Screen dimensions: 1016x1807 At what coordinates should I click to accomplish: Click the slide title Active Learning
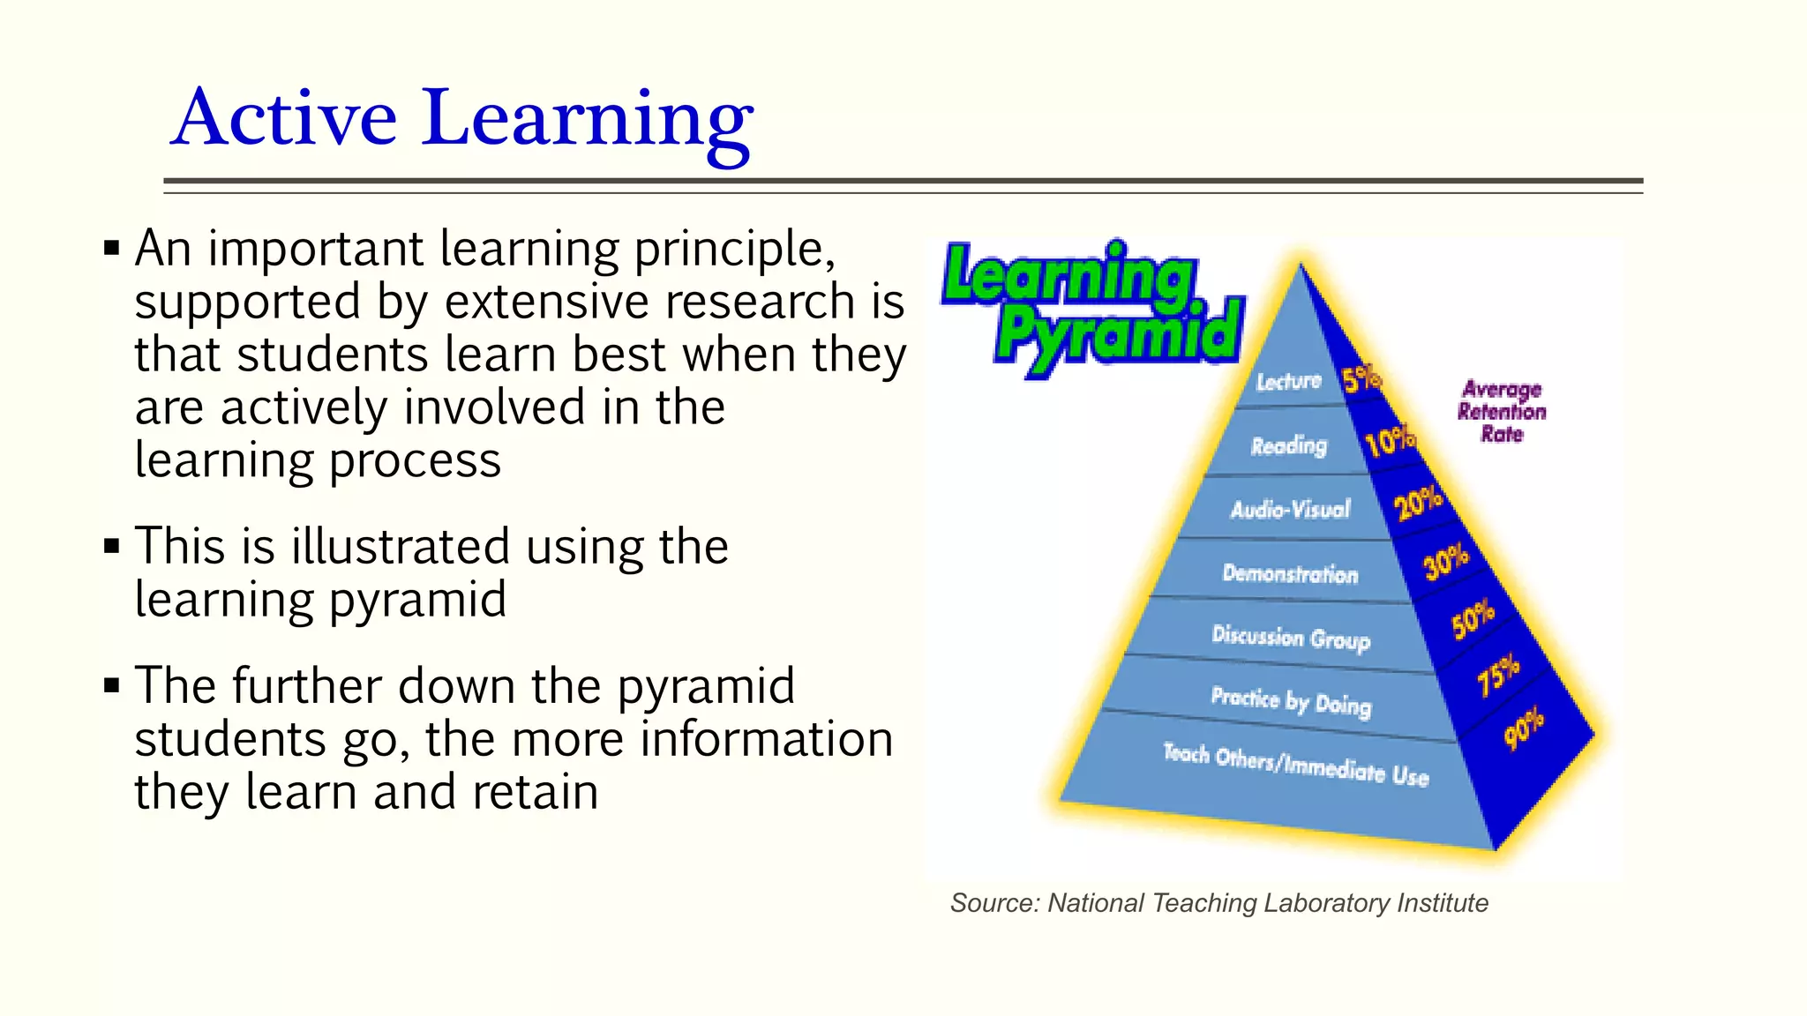click(461, 118)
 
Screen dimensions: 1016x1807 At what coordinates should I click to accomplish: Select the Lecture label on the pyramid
click(1288, 381)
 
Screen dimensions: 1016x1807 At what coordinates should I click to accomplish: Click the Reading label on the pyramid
click(1288, 445)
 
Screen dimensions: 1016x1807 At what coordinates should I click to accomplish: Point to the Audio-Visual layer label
click(1290, 509)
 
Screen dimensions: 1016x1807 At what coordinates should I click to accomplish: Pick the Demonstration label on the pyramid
click(1290, 573)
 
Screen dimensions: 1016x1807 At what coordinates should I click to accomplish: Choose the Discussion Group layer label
click(1291, 637)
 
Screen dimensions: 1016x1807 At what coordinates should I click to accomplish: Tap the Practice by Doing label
click(1291, 701)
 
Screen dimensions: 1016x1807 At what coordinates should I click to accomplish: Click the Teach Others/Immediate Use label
click(1295, 765)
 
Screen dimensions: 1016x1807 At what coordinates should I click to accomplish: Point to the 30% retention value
click(1447, 561)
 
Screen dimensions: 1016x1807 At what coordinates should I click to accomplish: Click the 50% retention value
click(1473, 618)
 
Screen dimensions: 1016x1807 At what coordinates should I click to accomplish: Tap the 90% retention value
click(1525, 728)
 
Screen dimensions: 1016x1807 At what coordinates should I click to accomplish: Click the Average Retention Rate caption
click(1502, 411)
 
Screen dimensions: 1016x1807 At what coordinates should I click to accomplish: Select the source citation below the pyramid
click(1218, 903)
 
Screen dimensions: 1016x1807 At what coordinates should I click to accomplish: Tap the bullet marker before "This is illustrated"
click(111, 546)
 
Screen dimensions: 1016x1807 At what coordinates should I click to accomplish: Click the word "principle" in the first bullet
click(733, 250)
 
